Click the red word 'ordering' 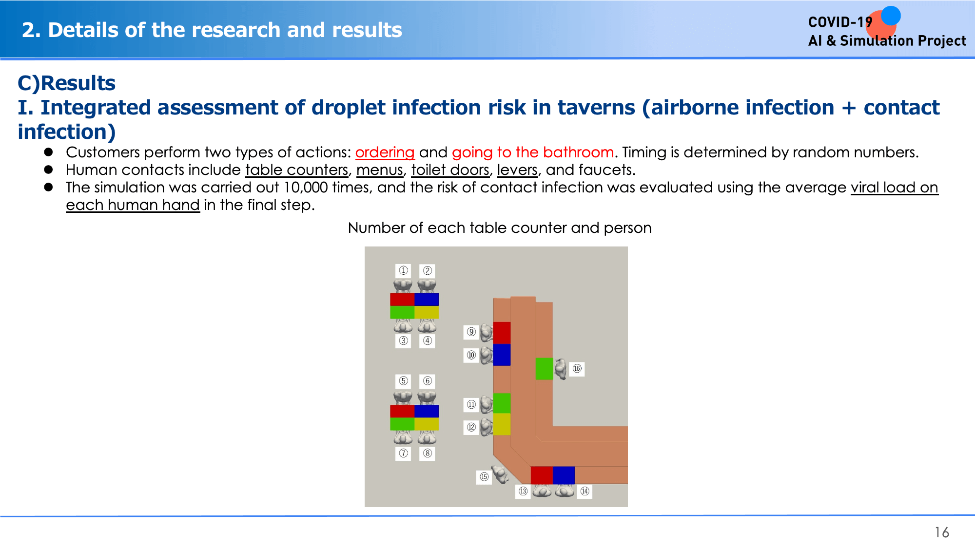click(x=385, y=152)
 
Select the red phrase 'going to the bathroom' click(x=532, y=152)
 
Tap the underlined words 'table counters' click(x=297, y=170)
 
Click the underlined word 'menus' click(x=380, y=170)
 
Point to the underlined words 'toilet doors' click(x=450, y=170)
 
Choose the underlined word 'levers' click(x=517, y=170)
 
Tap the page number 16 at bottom click(x=942, y=532)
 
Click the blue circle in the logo click(x=891, y=16)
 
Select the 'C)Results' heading click(x=66, y=83)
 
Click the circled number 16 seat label click(x=577, y=369)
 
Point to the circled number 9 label click(x=471, y=332)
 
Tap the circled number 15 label click(x=484, y=477)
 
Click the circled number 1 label click(x=403, y=270)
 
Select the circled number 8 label click(x=428, y=454)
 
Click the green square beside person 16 click(x=544, y=369)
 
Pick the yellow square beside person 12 click(x=502, y=424)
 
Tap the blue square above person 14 click(x=564, y=475)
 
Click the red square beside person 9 click(x=502, y=333)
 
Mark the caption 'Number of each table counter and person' click(x=500, y=228)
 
